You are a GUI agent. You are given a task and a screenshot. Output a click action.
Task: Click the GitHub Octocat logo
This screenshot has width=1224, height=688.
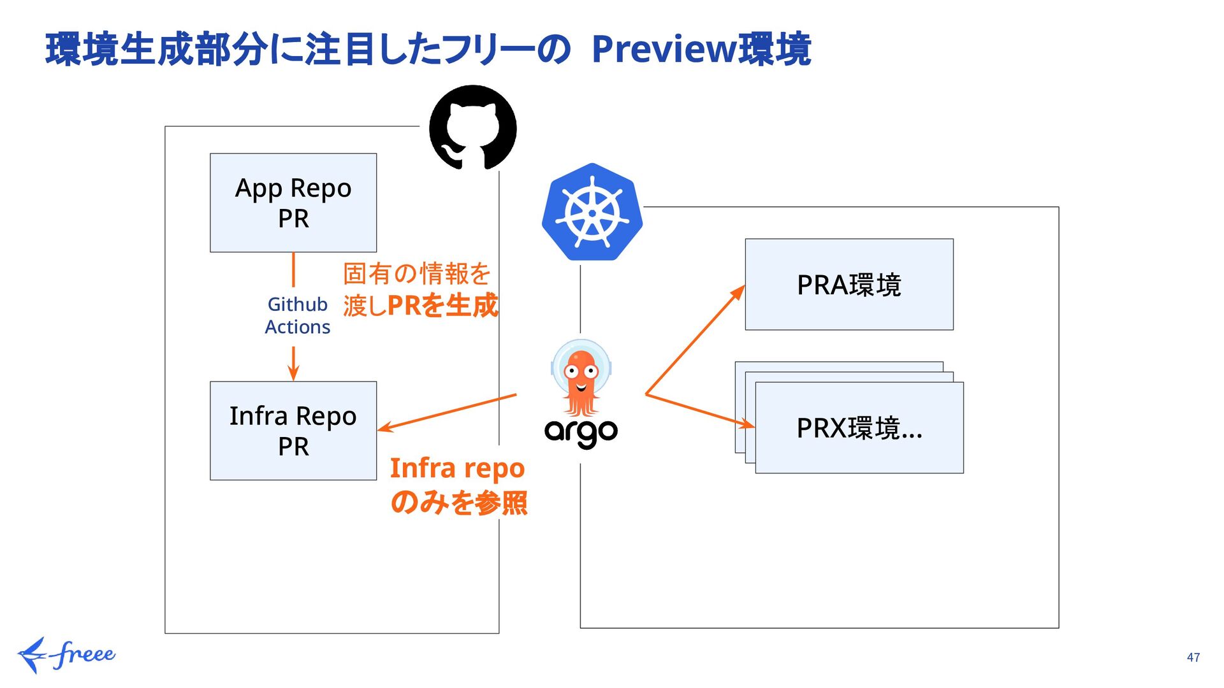(472, 127)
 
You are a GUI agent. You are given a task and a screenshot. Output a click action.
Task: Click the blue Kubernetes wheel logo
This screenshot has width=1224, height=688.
(592, 212)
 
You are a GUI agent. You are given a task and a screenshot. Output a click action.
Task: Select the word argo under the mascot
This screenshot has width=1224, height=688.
(581, 433)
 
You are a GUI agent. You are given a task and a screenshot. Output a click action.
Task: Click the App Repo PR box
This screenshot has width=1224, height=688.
(293, 203)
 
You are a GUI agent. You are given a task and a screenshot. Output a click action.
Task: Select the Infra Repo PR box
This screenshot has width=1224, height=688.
(293, 431)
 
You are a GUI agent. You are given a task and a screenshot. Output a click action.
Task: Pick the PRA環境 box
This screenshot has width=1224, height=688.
(849, 284)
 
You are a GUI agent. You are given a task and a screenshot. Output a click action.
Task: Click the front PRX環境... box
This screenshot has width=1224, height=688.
(859, 427)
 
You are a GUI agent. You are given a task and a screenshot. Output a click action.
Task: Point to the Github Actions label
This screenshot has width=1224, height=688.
(298, 315)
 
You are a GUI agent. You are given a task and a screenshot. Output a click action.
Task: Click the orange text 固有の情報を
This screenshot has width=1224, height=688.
(417, 273)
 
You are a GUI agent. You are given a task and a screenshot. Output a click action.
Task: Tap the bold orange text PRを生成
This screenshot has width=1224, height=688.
(442, 306)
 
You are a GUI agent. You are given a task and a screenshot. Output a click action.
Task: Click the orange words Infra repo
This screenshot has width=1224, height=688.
(457, 469)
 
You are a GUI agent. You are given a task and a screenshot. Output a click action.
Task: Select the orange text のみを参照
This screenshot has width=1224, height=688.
(459, 503)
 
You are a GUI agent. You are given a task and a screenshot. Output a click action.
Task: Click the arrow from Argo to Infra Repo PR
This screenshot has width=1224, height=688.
(447, 413)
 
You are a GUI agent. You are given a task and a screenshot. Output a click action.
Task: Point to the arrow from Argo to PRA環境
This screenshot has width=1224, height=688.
(695, 340)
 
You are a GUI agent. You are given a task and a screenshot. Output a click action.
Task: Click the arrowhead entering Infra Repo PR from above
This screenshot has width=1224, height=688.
(293, 373)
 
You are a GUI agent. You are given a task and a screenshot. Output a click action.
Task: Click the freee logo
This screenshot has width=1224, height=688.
(66, 655)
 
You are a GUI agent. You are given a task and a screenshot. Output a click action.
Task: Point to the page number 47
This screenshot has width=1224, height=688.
(1193, 657)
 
